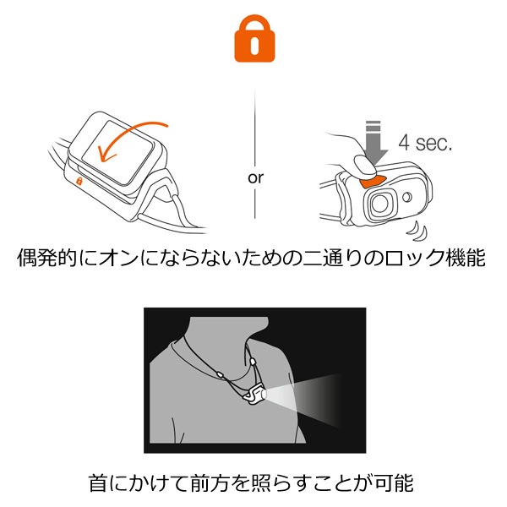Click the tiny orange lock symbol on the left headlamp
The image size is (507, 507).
click(79, 181)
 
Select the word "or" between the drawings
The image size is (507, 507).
click(254, 178)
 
